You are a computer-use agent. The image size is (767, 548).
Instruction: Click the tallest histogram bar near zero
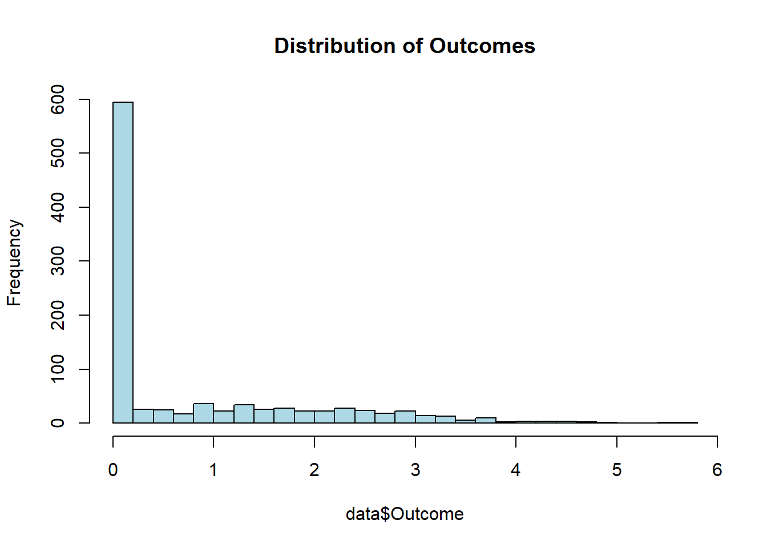pyautogui.click(x=123, y=263)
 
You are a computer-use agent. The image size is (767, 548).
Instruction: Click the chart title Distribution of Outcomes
pyautogui.click(x=405, y=46)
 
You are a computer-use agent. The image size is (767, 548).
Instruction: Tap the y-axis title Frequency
pyautogui.click(x=14, y=263)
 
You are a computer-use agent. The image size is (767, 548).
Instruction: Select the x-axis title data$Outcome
pyautogui.click(x=405, y=514)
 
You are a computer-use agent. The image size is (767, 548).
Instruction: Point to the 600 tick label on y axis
pyautogui.click(x=58, y=99)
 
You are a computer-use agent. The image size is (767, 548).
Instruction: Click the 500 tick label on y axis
pyautogui.click(x=58, y=153)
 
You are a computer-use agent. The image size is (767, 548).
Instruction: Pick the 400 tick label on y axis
pyautogui.click(x=58, y=207)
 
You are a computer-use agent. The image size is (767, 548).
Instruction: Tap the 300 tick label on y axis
pyautogui.click(x=58, y=261)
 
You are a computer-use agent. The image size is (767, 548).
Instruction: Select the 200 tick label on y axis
pyautogui.click(x=58, y=315)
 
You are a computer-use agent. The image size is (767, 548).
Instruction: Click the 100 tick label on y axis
pyautogui.click(x=58, y=369)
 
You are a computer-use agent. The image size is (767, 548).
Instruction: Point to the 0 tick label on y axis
pyautogui.click(x=58, y=423)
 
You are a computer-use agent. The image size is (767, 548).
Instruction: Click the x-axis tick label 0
pyautogui.click(x=113, y=470)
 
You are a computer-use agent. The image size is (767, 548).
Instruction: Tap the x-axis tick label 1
pyautogui.click(x=213, y=470)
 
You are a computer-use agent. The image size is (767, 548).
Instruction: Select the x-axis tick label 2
pyautogui.click(x=314, y=470)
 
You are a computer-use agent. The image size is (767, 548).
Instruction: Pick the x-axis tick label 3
pyautogui.click(x=415, y=470)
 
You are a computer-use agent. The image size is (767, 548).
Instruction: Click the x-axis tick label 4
pyautogui.click(x=516, y=470)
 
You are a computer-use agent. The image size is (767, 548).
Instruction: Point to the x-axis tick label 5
pyautogui.click(x=616, y=470)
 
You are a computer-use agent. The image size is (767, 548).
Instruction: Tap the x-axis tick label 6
pyautogui.click(x=717, y=470)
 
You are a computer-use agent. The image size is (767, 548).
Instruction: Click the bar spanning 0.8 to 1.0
pyautogui.click(x=203, y=413)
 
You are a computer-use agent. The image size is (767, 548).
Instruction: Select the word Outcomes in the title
pyautogui.click(x=482, y=46)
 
